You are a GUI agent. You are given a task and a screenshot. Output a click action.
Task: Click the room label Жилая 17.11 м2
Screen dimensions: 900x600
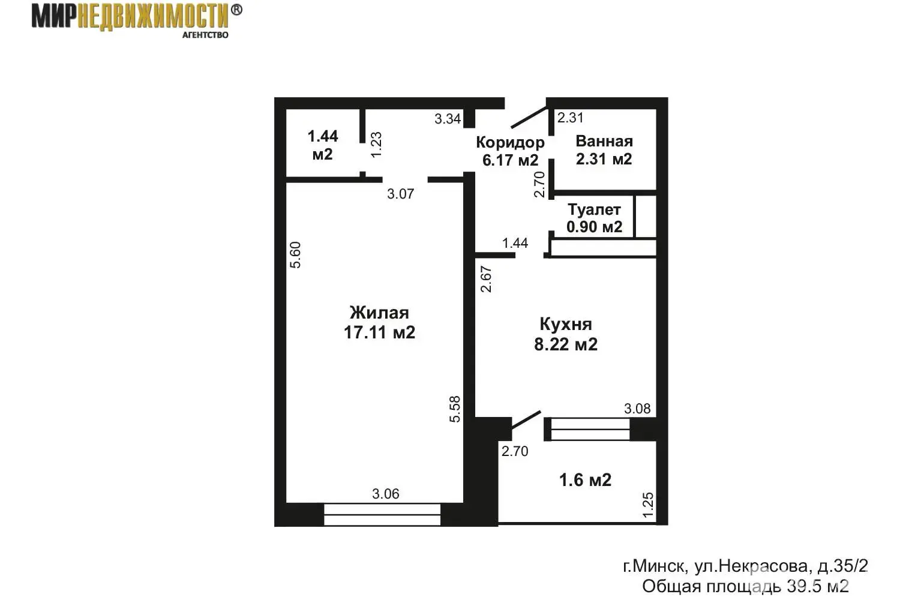[x=379, y=322]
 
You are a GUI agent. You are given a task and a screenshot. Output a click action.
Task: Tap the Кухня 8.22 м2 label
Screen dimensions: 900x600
[x=566, y=334]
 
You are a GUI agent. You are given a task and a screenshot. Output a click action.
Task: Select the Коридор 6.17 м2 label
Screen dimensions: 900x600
[x=510, y=151]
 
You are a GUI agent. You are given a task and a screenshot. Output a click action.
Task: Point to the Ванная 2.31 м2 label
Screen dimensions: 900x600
[x=604, y=150]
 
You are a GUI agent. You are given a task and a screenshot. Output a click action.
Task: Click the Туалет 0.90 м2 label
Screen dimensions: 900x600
[x=594, y=218]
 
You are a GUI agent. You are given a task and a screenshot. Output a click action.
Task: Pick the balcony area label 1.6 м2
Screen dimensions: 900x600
[x=586, y=480]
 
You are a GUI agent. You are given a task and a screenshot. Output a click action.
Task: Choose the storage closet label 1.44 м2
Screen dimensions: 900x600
[x=323, y=145]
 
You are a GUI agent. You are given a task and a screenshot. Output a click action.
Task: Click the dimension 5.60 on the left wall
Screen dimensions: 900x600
[x=295, y=255]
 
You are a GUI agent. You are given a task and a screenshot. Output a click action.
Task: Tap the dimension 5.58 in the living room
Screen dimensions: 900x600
[x=455, y=409]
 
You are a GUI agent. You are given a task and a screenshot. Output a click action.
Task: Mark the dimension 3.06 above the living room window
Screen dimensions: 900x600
[x=386, y=494]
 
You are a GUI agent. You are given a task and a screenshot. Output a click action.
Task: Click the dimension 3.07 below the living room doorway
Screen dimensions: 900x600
[x=401, y=194]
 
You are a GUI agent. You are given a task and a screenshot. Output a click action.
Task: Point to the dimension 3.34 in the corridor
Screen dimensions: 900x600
[x=448, y=119]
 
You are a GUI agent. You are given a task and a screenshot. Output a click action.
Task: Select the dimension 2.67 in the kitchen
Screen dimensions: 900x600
[x=486, y=279]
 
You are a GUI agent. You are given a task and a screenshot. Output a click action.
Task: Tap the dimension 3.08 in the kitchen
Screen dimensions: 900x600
[x=637, y=409]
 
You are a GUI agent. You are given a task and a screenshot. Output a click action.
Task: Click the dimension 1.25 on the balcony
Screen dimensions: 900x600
[x=648, y=505]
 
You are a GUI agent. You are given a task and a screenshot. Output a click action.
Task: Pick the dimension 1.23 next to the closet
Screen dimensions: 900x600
[x=376, y=145]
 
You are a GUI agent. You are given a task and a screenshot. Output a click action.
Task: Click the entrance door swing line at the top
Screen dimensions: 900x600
[x=529, y=117]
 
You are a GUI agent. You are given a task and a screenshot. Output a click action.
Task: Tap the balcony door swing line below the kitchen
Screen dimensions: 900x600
[x=526, y=425]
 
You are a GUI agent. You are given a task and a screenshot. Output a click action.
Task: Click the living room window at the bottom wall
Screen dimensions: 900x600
[x=382, y=515]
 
